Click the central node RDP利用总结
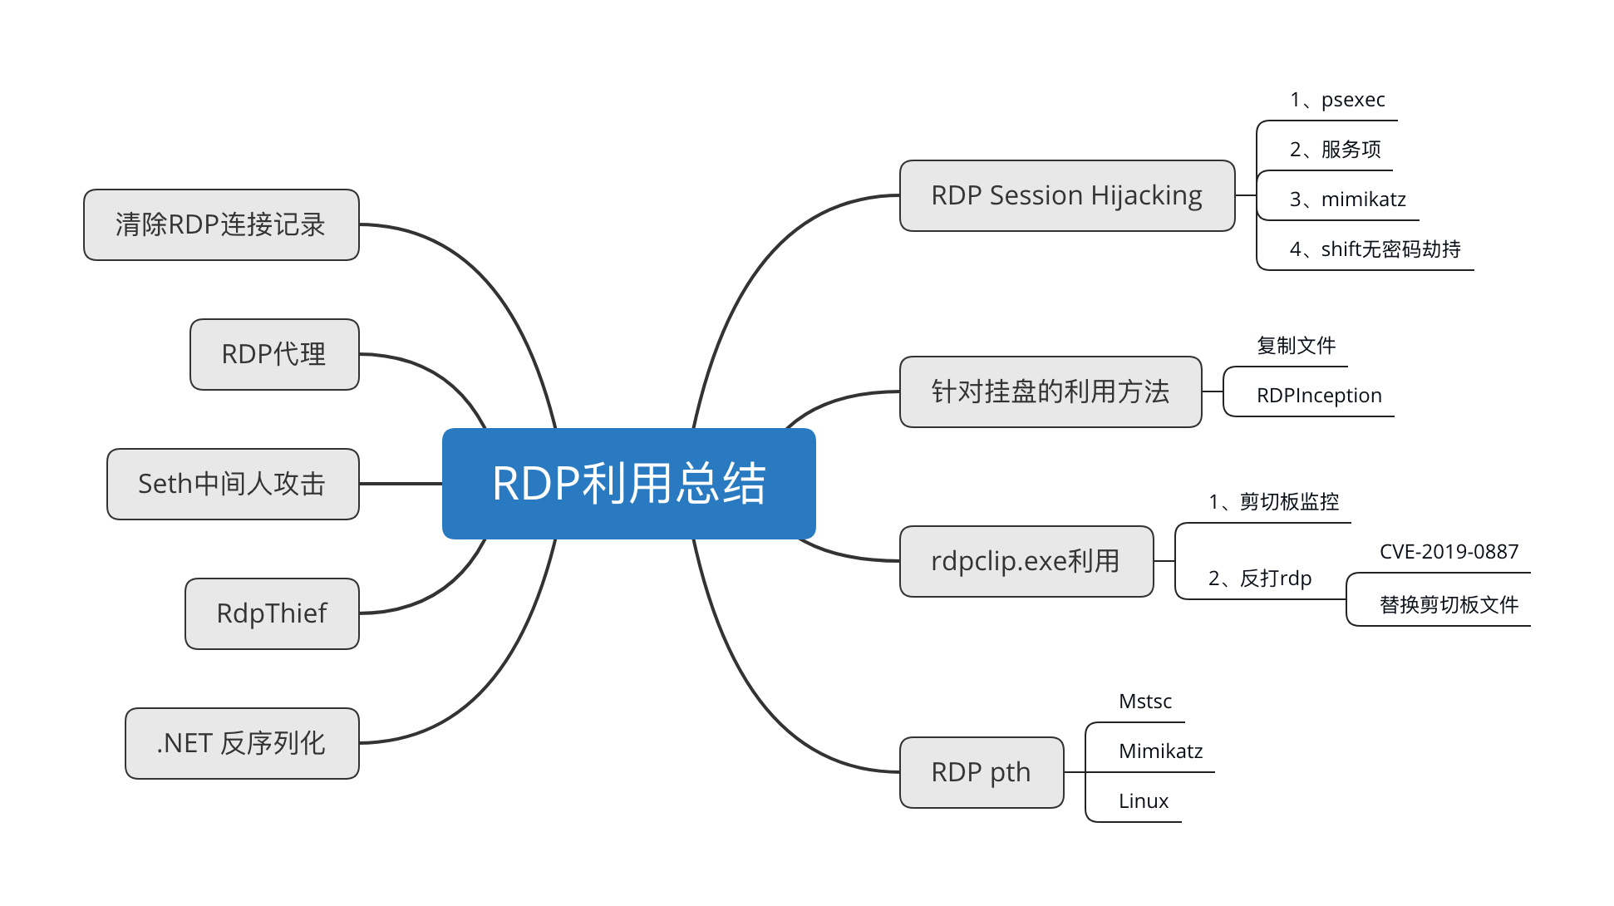tap(628, 484)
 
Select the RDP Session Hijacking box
tap(1066, 196)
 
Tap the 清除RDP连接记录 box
tap(221, 225)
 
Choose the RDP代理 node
tap(274, 355)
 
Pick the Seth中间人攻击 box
tap(233, 485)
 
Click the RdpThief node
tap(272, 614)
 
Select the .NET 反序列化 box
tap(242, 744)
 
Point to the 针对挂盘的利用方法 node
tap(1050, 392)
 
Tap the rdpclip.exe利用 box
tap(1026, 562)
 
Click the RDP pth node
tap(981, 773)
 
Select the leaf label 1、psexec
tap(1337, 101)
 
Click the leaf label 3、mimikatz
tap(1347, 200)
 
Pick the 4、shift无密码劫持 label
tap(1375, 250)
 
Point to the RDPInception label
tap(1319, 396)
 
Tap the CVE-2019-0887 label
tap(1449, 553)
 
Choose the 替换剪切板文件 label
tap(1449, 606)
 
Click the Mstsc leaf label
tap(1145, 702)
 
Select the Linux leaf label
tap(1144, 802)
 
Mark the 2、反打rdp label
tap(1260, 579)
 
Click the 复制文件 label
tap(1296, 347)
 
